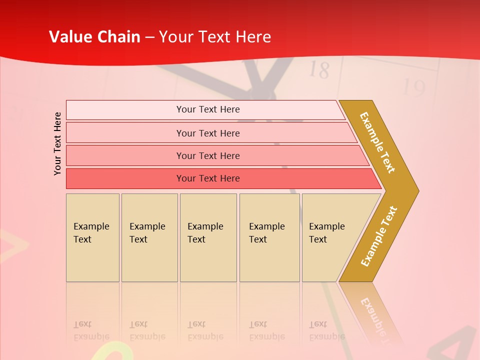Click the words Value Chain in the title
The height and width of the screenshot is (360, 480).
point(94,37)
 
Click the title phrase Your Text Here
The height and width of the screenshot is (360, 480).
point(215,37)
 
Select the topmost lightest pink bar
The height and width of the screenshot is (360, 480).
point(207,109)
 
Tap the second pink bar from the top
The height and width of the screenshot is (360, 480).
point(207,133)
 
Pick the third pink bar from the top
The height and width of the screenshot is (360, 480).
point(207,155)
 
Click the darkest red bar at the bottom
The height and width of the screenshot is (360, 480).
point(207,178)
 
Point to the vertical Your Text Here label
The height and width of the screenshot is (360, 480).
point(57,143)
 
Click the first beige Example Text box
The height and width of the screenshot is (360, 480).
point(92,237)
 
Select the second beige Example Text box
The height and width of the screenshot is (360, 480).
point(149,237)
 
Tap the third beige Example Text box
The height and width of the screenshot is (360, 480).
point(208,237)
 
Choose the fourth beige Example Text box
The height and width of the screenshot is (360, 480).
point(269,237)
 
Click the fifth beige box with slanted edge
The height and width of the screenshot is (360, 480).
point(330,237)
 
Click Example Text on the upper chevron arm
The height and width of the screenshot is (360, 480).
point(378,142)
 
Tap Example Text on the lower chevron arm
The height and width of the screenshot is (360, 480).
point(379,236)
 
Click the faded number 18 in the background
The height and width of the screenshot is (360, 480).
point(319,70)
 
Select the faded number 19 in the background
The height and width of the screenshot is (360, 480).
point(413,88)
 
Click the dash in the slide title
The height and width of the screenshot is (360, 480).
point(149,37)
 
